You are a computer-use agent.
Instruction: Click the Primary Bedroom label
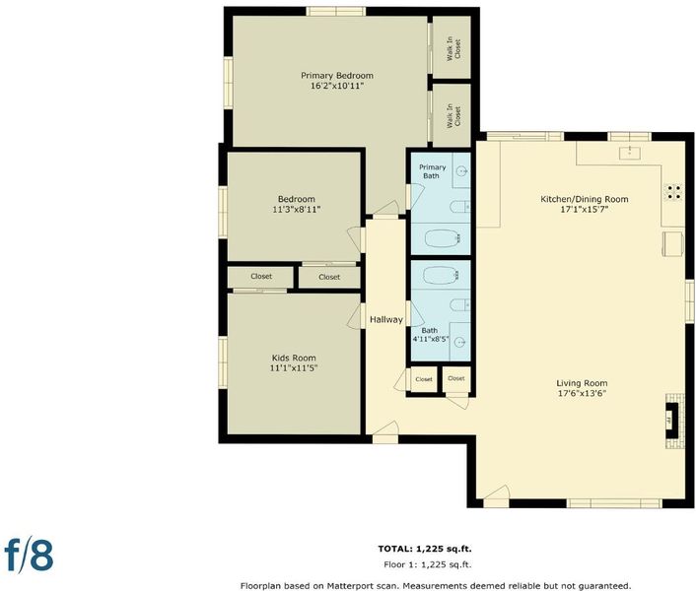[337, 76]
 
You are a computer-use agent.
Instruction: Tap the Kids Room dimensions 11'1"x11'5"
[294, 367]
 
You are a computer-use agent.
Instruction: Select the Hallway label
[386, 319]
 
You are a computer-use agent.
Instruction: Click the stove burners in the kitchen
[673, 192]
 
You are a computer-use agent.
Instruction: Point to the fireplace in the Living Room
[672, 420]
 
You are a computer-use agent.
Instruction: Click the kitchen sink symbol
[630, 152]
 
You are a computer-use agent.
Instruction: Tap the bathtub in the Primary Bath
[442, 238]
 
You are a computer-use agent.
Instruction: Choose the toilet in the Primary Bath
[459, 207]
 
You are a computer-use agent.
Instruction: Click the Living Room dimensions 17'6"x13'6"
[582, 393]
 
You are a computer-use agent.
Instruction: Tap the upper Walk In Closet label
[453, 48]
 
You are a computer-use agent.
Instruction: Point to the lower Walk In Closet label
[453, 115]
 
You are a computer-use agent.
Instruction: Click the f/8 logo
[29, 555]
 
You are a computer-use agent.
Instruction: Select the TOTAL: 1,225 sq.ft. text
[425, 549]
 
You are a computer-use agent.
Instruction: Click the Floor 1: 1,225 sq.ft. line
[428, 564]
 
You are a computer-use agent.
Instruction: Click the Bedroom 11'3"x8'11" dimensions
[297, 209]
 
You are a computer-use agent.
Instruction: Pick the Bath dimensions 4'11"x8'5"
[431, 340]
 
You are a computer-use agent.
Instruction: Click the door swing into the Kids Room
[354, 317]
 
